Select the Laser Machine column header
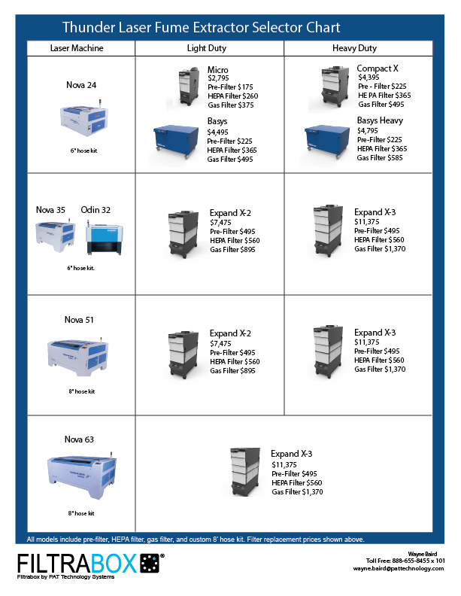(77, 48)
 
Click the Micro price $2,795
(219, 78)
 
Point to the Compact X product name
(378, 68)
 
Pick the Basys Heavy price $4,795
(369, 130)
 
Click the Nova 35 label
(51, 210)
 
